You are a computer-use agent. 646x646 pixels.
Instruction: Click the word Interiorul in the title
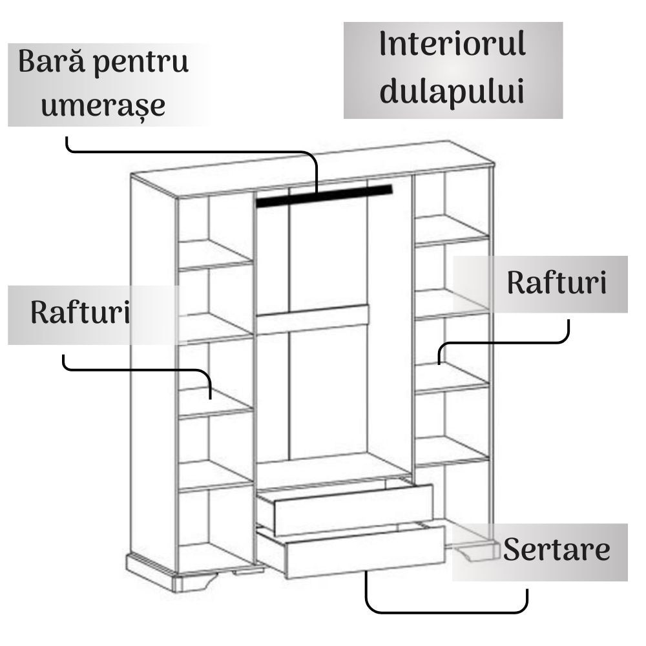452,43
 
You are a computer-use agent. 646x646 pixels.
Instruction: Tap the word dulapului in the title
452,92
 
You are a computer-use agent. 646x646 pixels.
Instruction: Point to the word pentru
141,64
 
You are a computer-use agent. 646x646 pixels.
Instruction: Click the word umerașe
103,107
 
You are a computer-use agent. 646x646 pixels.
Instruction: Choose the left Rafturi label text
80,312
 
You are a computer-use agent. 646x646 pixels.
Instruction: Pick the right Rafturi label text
557,283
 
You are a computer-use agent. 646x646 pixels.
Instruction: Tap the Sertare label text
557,549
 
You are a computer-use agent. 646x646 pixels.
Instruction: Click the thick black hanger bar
324,196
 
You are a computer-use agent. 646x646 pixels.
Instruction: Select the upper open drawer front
353,510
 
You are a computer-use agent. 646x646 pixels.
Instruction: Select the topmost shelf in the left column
216,255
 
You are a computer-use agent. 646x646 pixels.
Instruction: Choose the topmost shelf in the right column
452,231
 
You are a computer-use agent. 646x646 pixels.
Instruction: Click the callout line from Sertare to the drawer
446,612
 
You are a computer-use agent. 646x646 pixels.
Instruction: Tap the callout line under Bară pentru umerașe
192,152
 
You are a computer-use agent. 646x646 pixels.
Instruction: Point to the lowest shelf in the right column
452,452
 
